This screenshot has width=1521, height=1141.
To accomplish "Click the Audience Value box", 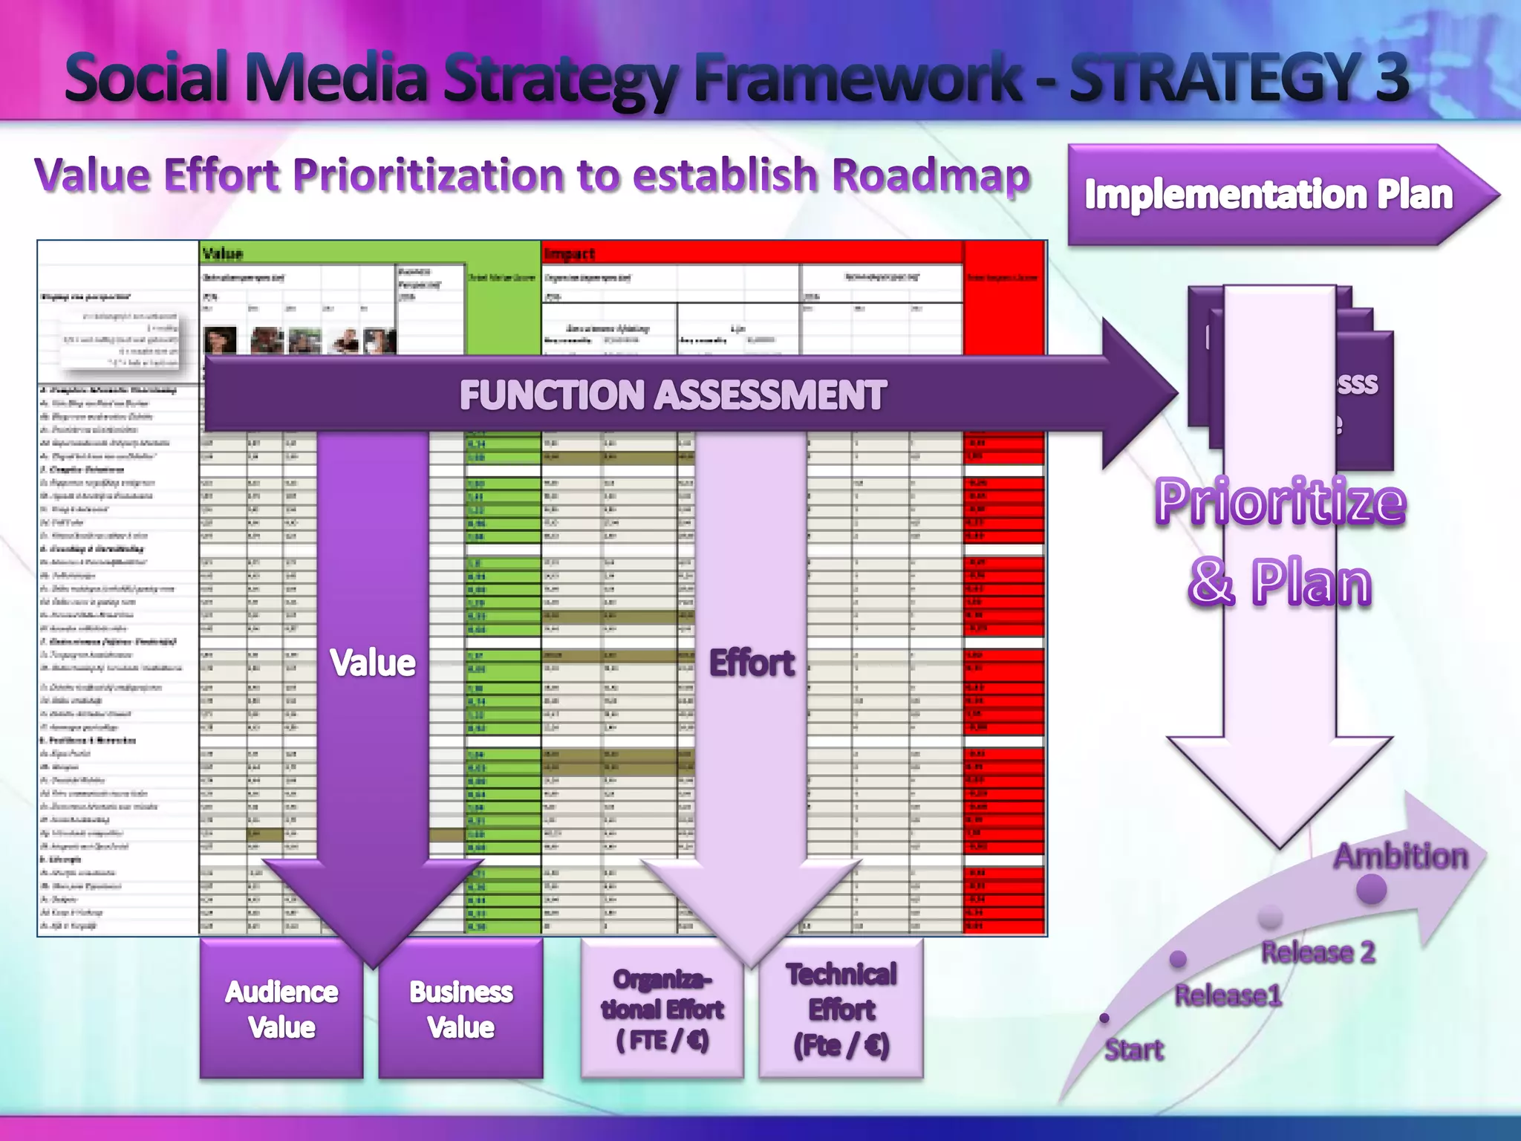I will tap(281, 1009).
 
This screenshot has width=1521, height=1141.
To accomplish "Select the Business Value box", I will tap(460, 1009).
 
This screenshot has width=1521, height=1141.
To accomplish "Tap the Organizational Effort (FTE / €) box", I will tap(662, 1009).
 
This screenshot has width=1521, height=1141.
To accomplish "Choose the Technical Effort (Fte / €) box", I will tap(841, 1009).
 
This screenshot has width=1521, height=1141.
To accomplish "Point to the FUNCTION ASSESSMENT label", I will tap(672, 394).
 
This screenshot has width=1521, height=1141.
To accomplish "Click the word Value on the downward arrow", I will tap(373, 662).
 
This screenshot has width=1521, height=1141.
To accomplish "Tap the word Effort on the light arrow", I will tap(752, 662).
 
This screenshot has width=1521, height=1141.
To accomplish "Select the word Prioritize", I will tap(1280, 502).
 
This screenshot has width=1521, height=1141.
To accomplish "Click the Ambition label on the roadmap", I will tap(1401, 856).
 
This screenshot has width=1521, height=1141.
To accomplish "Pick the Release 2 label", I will tap(1318, 952).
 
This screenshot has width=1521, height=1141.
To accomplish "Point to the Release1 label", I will tap(1228, 995).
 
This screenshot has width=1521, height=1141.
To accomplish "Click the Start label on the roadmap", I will tap(1133, 1050).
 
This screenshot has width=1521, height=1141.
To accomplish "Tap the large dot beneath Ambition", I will tap(1371, 889).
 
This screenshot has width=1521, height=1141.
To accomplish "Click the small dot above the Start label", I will tap(1104, 1018).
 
